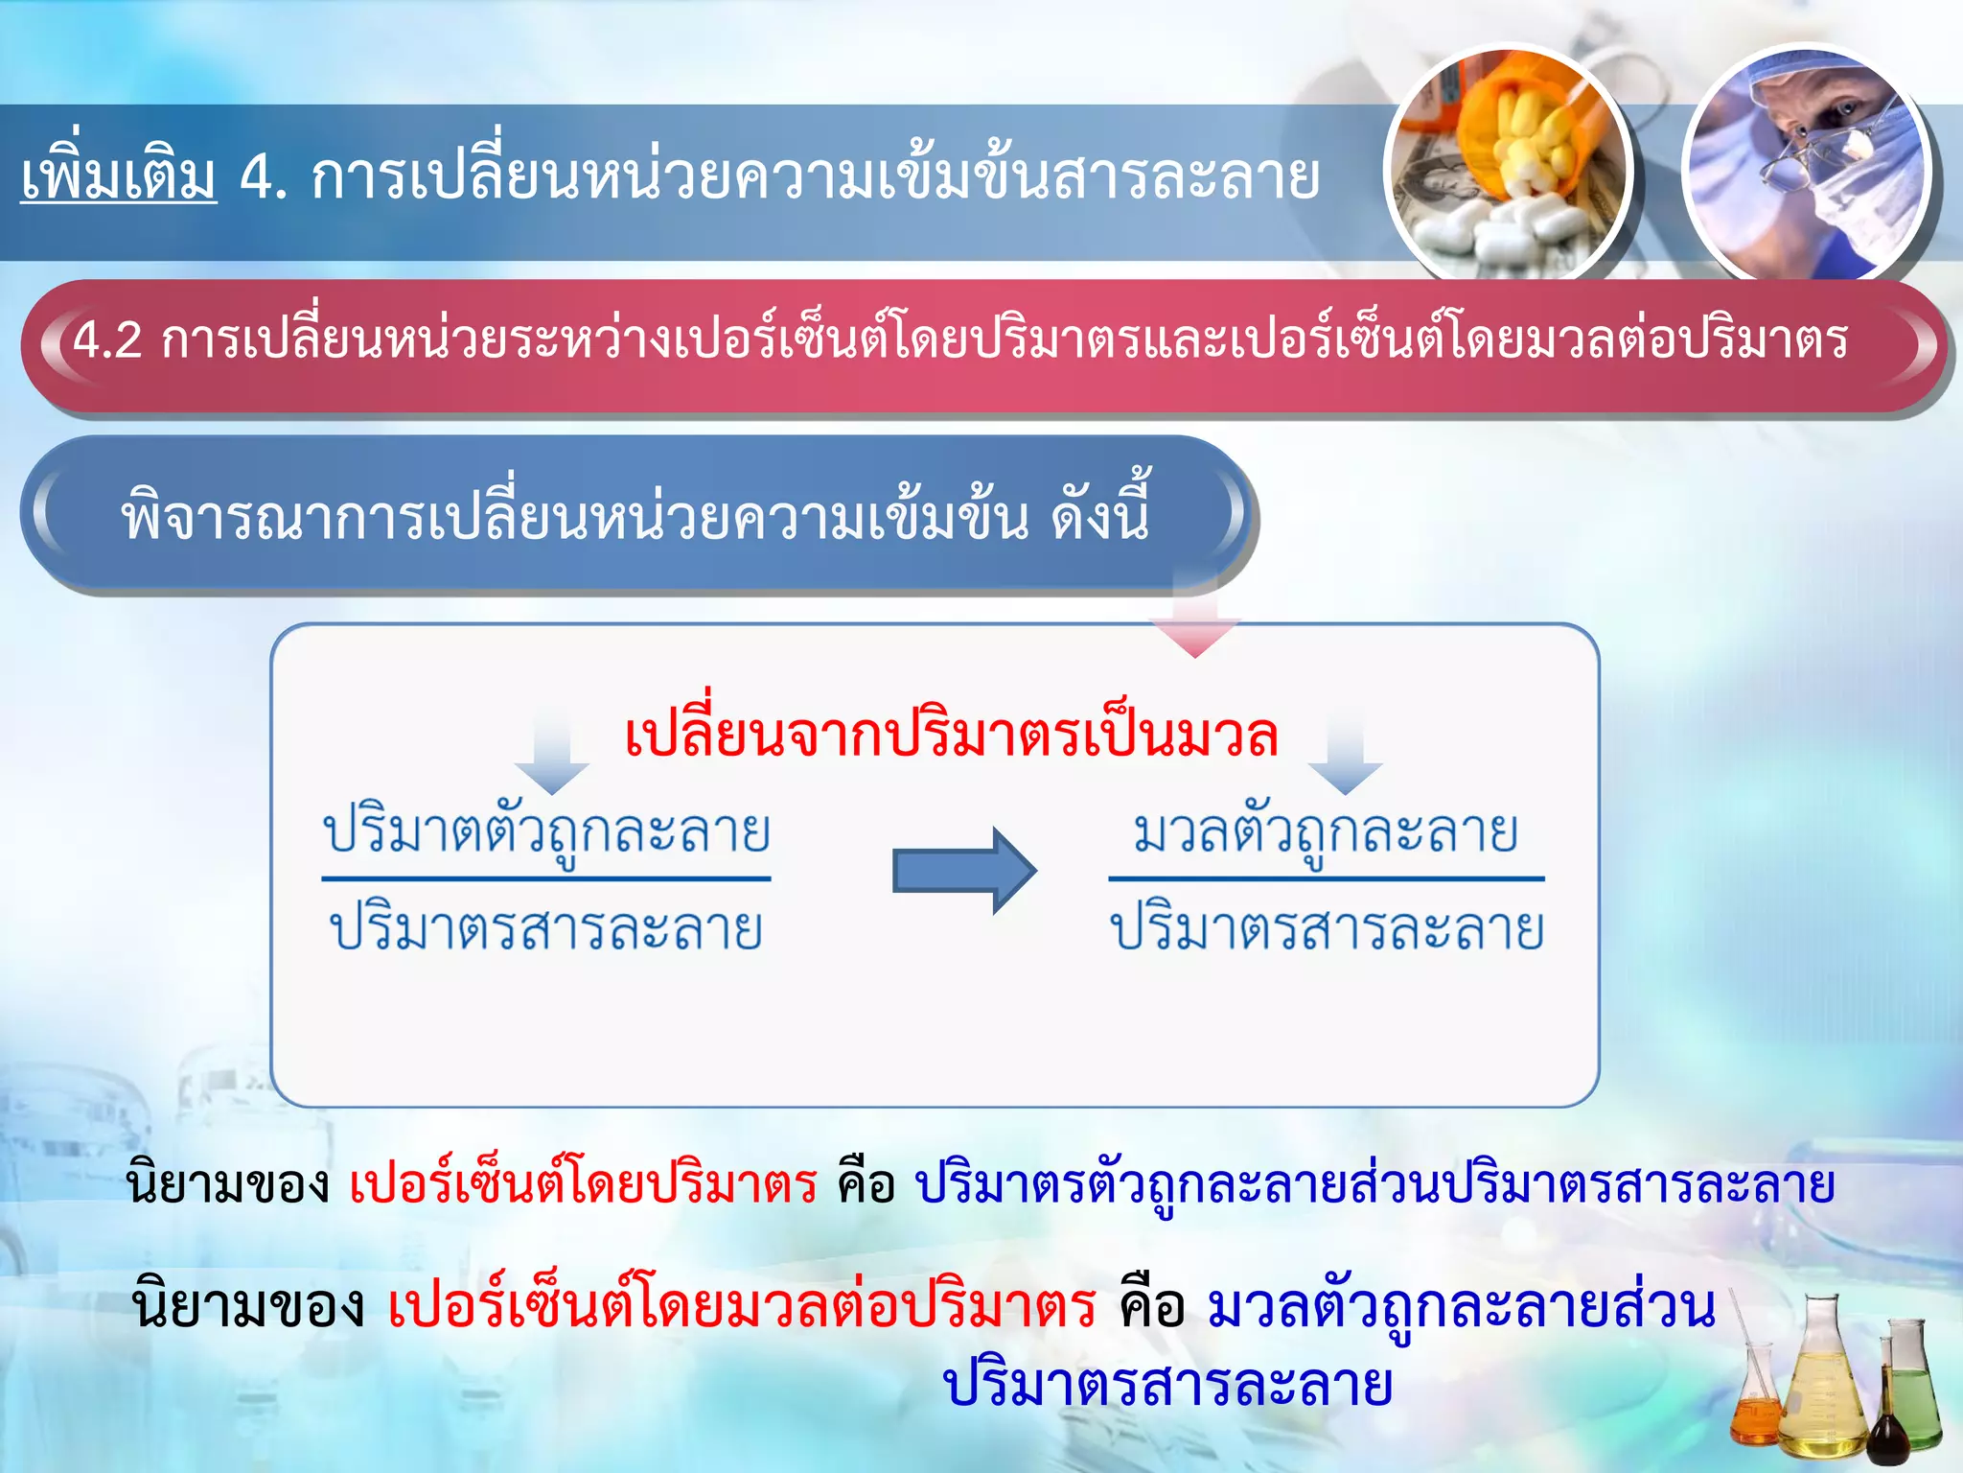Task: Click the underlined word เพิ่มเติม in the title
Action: click(119, 177)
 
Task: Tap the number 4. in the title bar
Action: click(263, 179)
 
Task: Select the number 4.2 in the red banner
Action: click(107, 340)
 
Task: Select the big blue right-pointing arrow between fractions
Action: click(963, 870)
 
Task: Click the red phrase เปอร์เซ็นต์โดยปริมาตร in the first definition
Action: click(583, 1185)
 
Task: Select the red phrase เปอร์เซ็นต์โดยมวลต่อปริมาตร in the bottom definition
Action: click(742, 1307)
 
